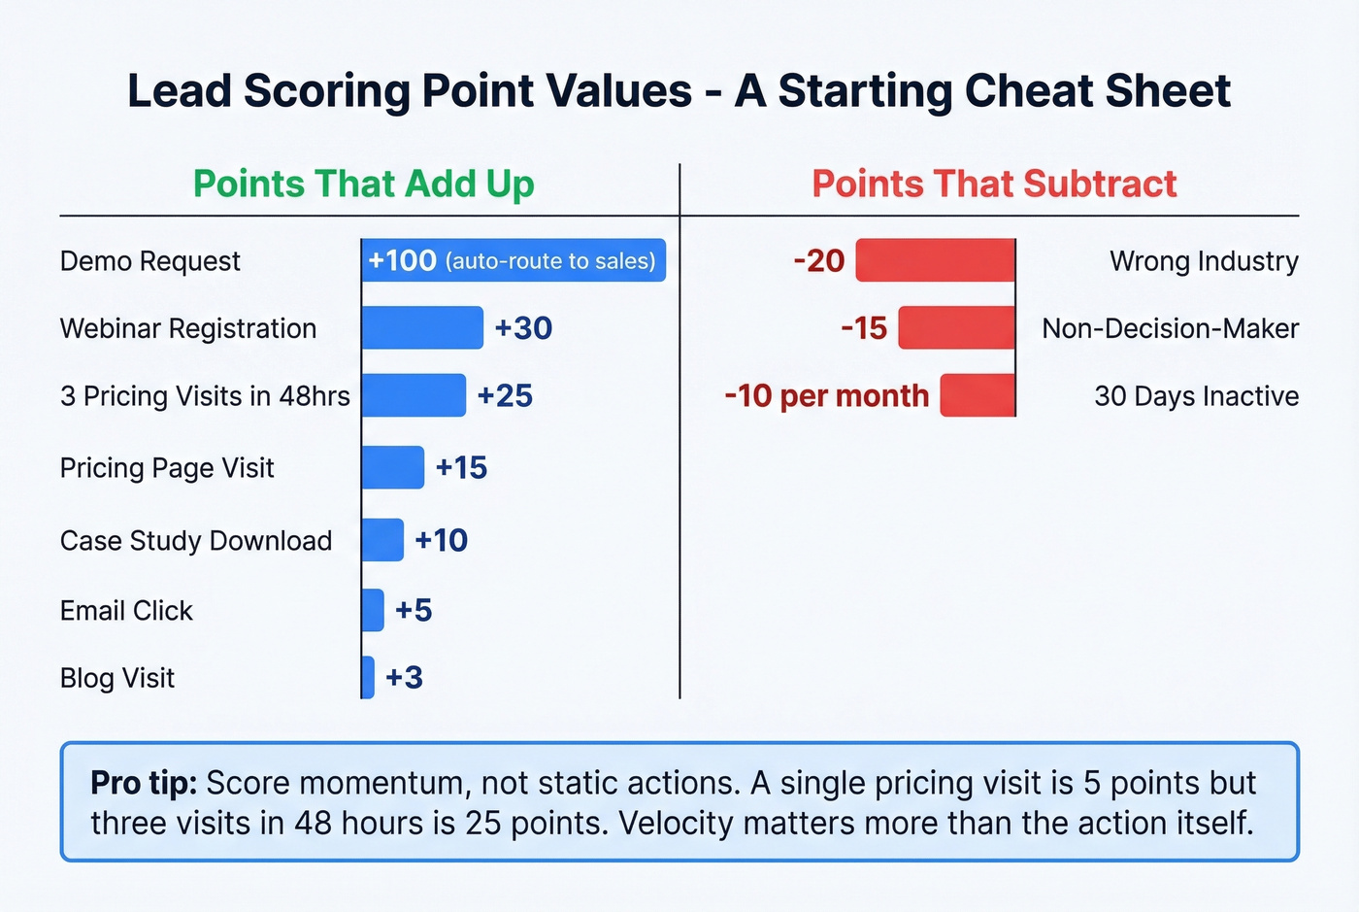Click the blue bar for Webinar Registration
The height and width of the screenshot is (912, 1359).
[x=422, y=328]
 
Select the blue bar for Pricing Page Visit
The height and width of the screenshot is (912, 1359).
[x=393, y=467]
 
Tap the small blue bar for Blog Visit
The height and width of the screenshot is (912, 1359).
[x=368, y=677]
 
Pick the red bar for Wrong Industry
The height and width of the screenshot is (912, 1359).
[x=935, y=260]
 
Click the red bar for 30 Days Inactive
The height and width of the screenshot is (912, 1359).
[x=978, y=395]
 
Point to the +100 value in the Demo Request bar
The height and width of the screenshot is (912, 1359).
[x=403, y=260]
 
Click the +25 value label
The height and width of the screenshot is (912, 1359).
[x=505, y=395]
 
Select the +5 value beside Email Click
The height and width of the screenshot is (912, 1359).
[x=414, y=610]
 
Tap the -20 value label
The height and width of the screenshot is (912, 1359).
[x=818, y=260]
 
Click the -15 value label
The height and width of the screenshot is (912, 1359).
[x=864, y=328]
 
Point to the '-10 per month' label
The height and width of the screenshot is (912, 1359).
[x=827, y=395]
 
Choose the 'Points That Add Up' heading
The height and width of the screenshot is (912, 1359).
[x=364, y=184]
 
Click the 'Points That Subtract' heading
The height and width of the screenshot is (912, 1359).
[x=994, y=184]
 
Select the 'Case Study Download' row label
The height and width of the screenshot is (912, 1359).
[x=196, y=540]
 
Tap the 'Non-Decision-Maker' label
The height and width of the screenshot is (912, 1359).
[x=1170, y=328]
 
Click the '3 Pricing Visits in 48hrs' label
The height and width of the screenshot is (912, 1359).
[x=205, y=395]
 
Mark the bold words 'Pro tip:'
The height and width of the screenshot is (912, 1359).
[x=144, y=783]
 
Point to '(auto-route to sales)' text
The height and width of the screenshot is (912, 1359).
[x=550, y=261]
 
